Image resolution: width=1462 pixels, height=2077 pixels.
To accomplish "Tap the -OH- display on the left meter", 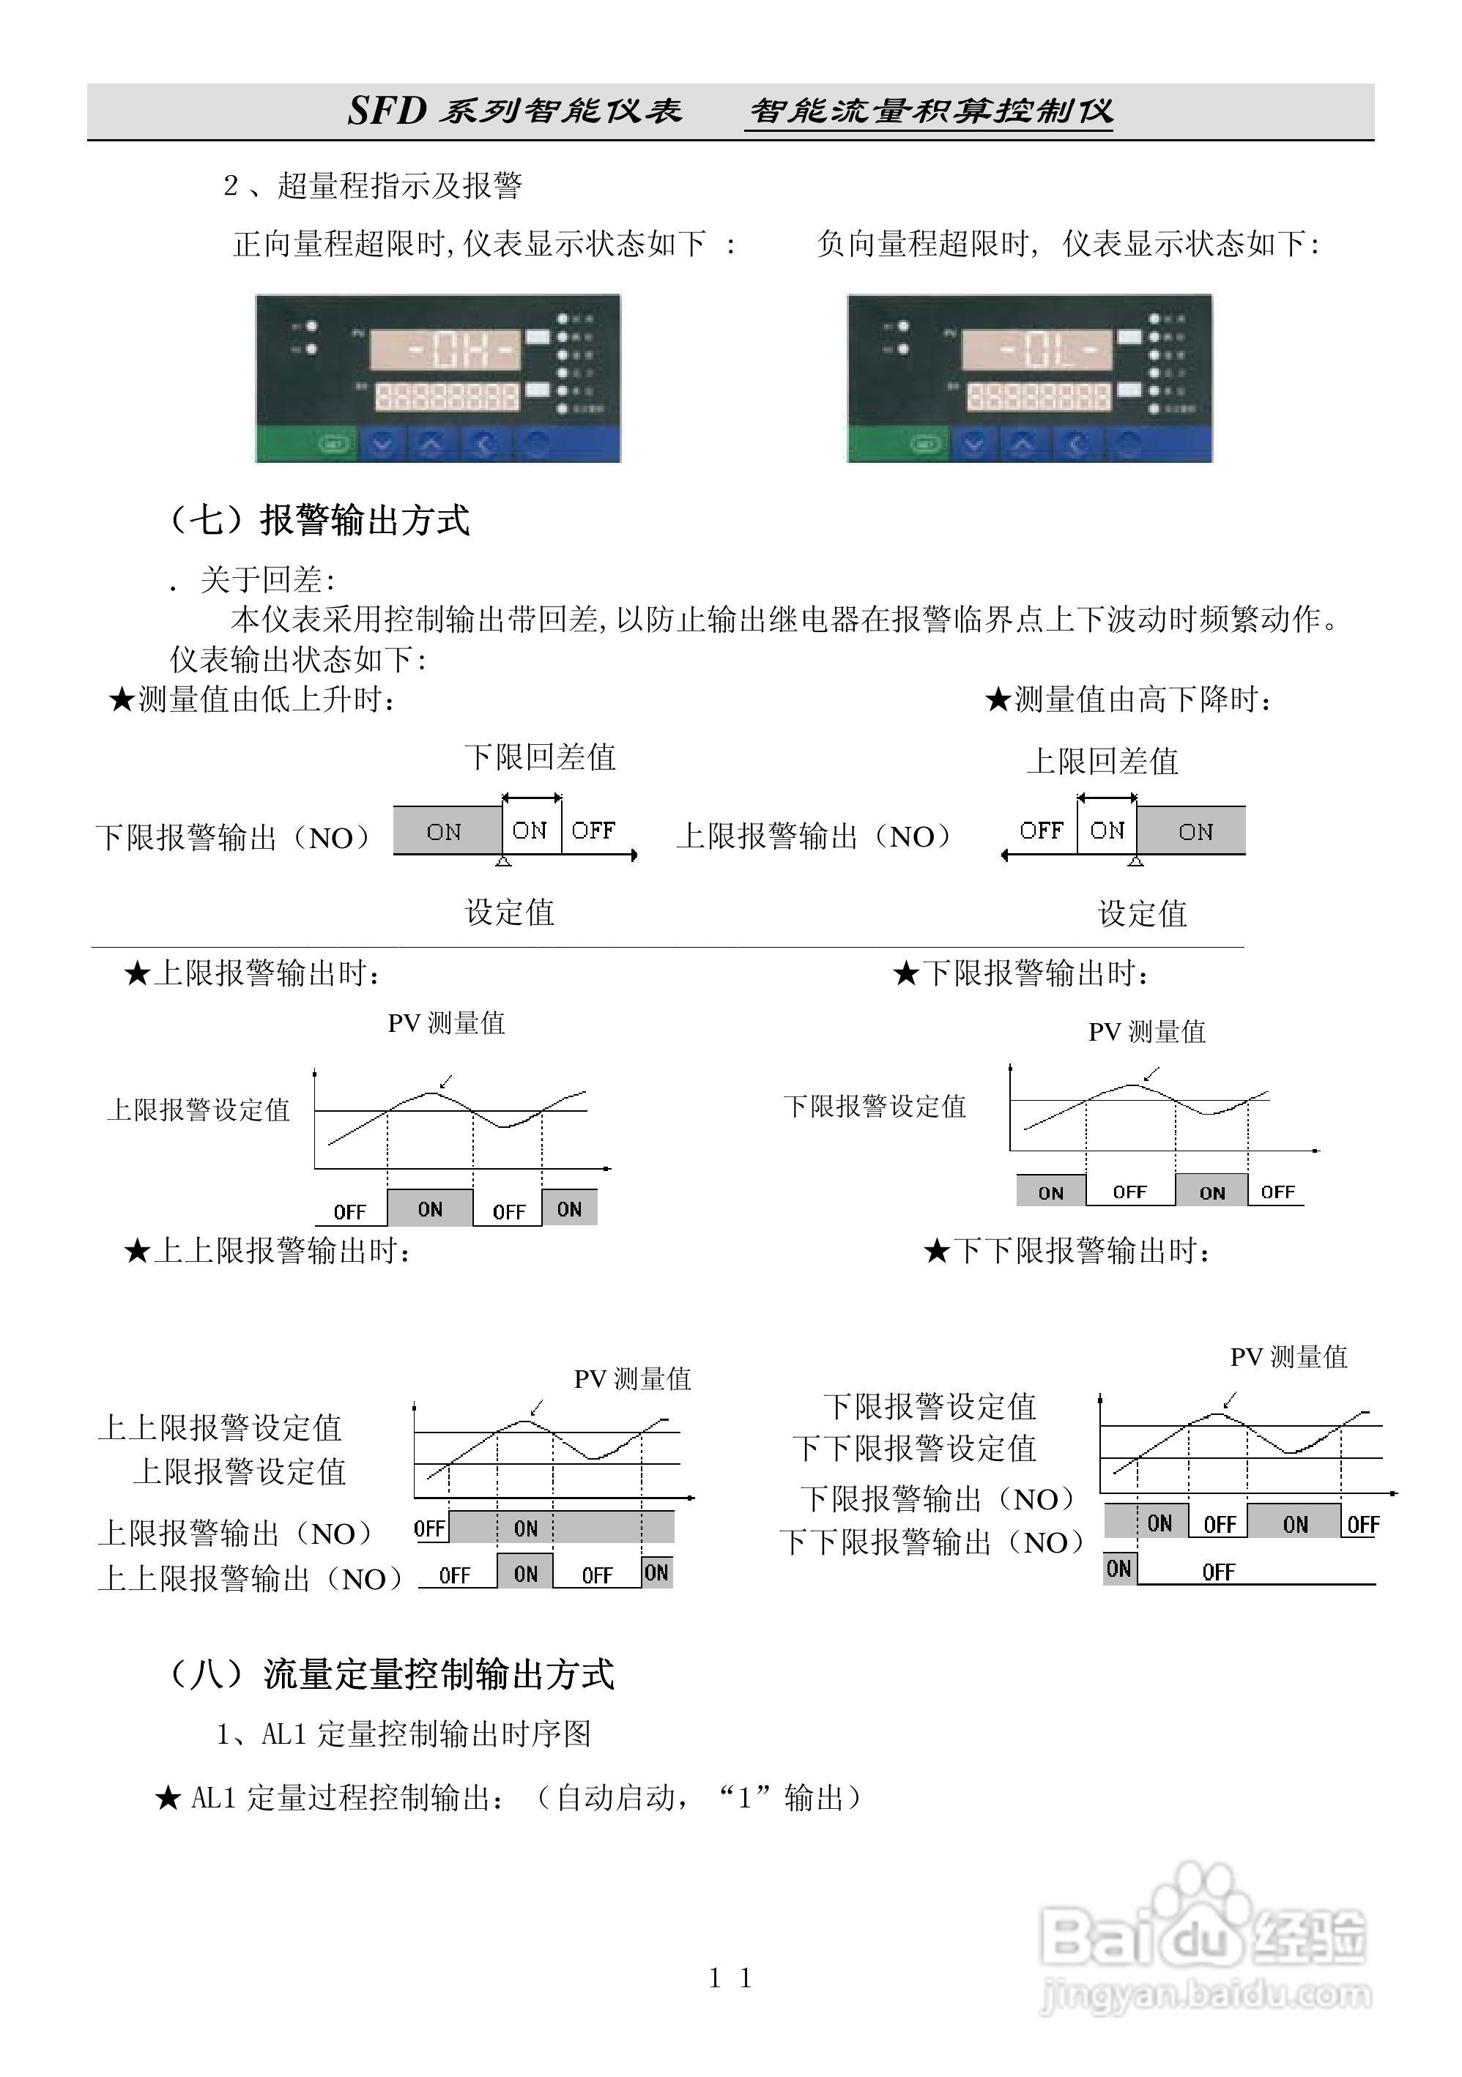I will pos(445,349).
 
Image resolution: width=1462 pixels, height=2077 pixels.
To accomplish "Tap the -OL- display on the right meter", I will pos(1036,349).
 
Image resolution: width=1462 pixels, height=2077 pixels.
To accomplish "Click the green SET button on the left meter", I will pos(334,444).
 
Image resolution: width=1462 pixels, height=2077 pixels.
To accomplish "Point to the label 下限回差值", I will pos(540,757).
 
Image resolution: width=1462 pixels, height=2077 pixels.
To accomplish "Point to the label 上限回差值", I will pos(1102,761).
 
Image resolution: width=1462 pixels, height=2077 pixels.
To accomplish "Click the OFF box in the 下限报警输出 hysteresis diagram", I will pos(593,831).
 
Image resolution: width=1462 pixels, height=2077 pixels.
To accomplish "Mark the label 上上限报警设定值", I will pos(220,1427).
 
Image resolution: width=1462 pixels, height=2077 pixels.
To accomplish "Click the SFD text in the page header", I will pos(387,111).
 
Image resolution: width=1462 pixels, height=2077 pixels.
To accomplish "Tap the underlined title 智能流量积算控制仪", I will pos(930,111).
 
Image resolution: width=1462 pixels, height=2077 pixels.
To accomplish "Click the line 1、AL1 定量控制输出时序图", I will pos(404,1734).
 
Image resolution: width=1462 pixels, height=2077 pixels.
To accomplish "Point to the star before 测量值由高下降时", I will pos(998,699).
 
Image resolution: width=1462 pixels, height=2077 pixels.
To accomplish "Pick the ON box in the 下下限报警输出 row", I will pos(1119,1569).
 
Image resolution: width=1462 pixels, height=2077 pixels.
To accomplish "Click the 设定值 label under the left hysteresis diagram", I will pos(509,912).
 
